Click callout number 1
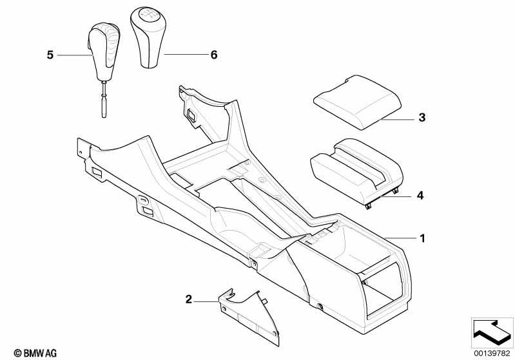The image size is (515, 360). [x=422, y=238]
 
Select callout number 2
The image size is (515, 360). [x=188, y=299]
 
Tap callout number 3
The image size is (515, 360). [x=422, y=117]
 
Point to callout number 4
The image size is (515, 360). [x=420, y=196]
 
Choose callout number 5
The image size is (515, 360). [x=50, y=55]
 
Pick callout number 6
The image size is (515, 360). [x=214, y=55]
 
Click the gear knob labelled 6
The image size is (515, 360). [x=148, y=37]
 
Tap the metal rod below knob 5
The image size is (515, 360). [x=104, y=99]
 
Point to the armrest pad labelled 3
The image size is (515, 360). [x=357, y=102]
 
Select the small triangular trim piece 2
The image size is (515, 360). [x=249, y=317]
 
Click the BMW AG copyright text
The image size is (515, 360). [x=35, y=353]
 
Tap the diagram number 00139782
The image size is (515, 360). [x=492, y=354]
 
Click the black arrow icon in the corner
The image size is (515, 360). [x=492, y=333]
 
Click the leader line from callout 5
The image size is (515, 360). [x=75, y=55]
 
